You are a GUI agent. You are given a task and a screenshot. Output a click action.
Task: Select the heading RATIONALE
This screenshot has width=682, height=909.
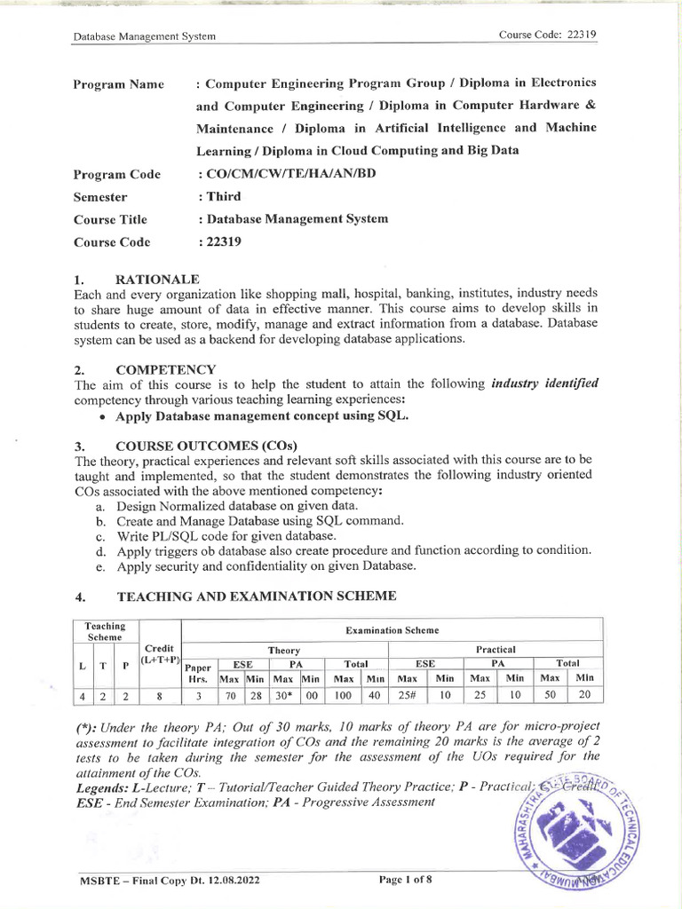(157, 279)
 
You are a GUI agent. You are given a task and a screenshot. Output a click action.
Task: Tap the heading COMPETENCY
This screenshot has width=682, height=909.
(166, 369)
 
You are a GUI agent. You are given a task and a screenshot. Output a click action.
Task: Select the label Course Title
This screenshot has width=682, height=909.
(110, 219)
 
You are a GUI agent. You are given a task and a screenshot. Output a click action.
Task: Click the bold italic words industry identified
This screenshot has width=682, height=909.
(544, 383)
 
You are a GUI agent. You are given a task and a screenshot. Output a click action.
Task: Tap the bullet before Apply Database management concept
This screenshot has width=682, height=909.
(106, 416)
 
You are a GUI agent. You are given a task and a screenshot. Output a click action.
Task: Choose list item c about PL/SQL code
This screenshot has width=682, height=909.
(226, 536)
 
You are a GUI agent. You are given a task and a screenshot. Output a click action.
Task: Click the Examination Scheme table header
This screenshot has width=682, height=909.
(391, 630)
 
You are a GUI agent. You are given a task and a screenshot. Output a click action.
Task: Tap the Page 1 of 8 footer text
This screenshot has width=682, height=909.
(406, 880)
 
